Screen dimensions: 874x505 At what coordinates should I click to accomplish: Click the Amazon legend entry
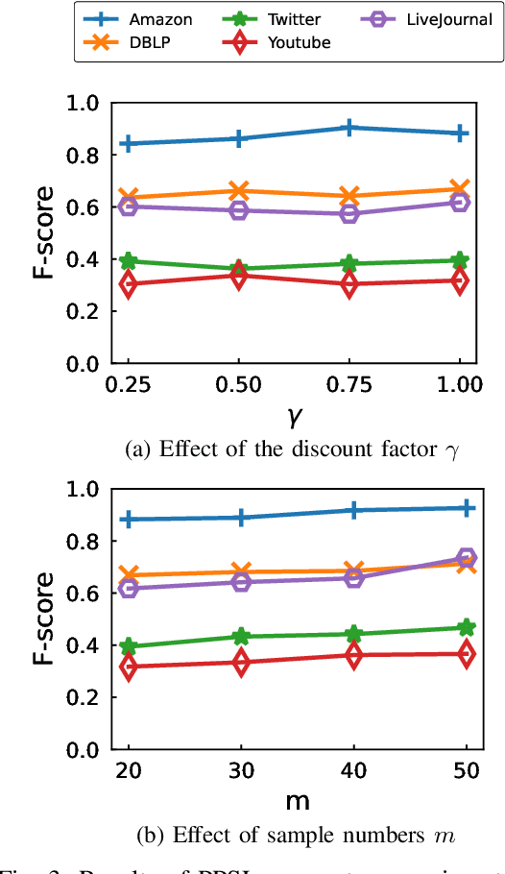[x=145, y=19]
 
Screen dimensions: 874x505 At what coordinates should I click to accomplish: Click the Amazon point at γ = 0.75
[x=350, y=128]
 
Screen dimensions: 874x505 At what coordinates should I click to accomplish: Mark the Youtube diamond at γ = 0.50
[x=239, y=277]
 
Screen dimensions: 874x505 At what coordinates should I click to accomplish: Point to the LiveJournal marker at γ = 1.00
[x=461, y=202]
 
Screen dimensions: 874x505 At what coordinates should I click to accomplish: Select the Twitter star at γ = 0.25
[x=128, y=261]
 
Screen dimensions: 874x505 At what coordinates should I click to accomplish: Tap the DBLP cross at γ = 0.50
[x=239, y=191]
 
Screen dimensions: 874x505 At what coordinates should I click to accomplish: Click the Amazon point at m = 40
[x=354, y=510]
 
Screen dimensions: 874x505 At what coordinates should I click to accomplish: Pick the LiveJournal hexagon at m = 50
[x=467, y=558]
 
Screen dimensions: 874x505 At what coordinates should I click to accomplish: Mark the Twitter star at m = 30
[x=241, y=636]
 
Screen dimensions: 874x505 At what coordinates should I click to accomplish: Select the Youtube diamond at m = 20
[x=128, y=666]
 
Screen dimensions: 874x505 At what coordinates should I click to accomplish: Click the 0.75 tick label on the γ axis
[x=350, y=384]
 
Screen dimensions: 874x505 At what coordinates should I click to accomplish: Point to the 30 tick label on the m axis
[x=241, y=769]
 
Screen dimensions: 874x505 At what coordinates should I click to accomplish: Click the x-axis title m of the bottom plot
[x=297, y=799]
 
